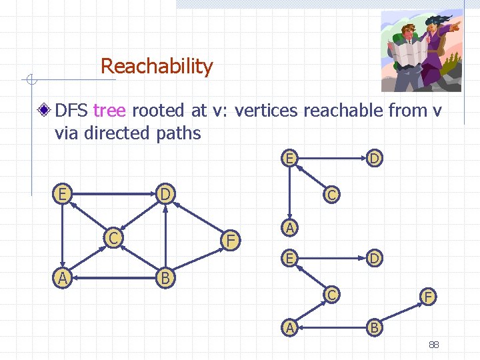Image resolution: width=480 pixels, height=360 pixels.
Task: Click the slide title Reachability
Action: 157,67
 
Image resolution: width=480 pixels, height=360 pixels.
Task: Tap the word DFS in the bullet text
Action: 73,111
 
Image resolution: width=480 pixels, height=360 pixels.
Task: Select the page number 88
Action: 433,345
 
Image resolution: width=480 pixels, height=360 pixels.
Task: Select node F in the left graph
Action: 230,239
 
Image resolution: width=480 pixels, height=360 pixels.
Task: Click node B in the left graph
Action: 165,276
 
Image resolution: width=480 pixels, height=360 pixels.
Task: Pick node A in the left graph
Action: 62,276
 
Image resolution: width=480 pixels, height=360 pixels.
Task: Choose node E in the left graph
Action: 62,194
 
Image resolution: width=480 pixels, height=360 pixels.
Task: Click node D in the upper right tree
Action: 374,159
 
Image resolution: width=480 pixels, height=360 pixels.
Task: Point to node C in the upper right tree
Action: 330,195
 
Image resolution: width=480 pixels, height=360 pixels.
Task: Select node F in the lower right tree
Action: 427,295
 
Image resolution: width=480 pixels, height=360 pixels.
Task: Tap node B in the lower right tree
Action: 375,327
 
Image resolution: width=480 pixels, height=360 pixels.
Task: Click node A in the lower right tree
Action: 289,327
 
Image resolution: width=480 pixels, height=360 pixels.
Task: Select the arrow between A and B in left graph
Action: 113,276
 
